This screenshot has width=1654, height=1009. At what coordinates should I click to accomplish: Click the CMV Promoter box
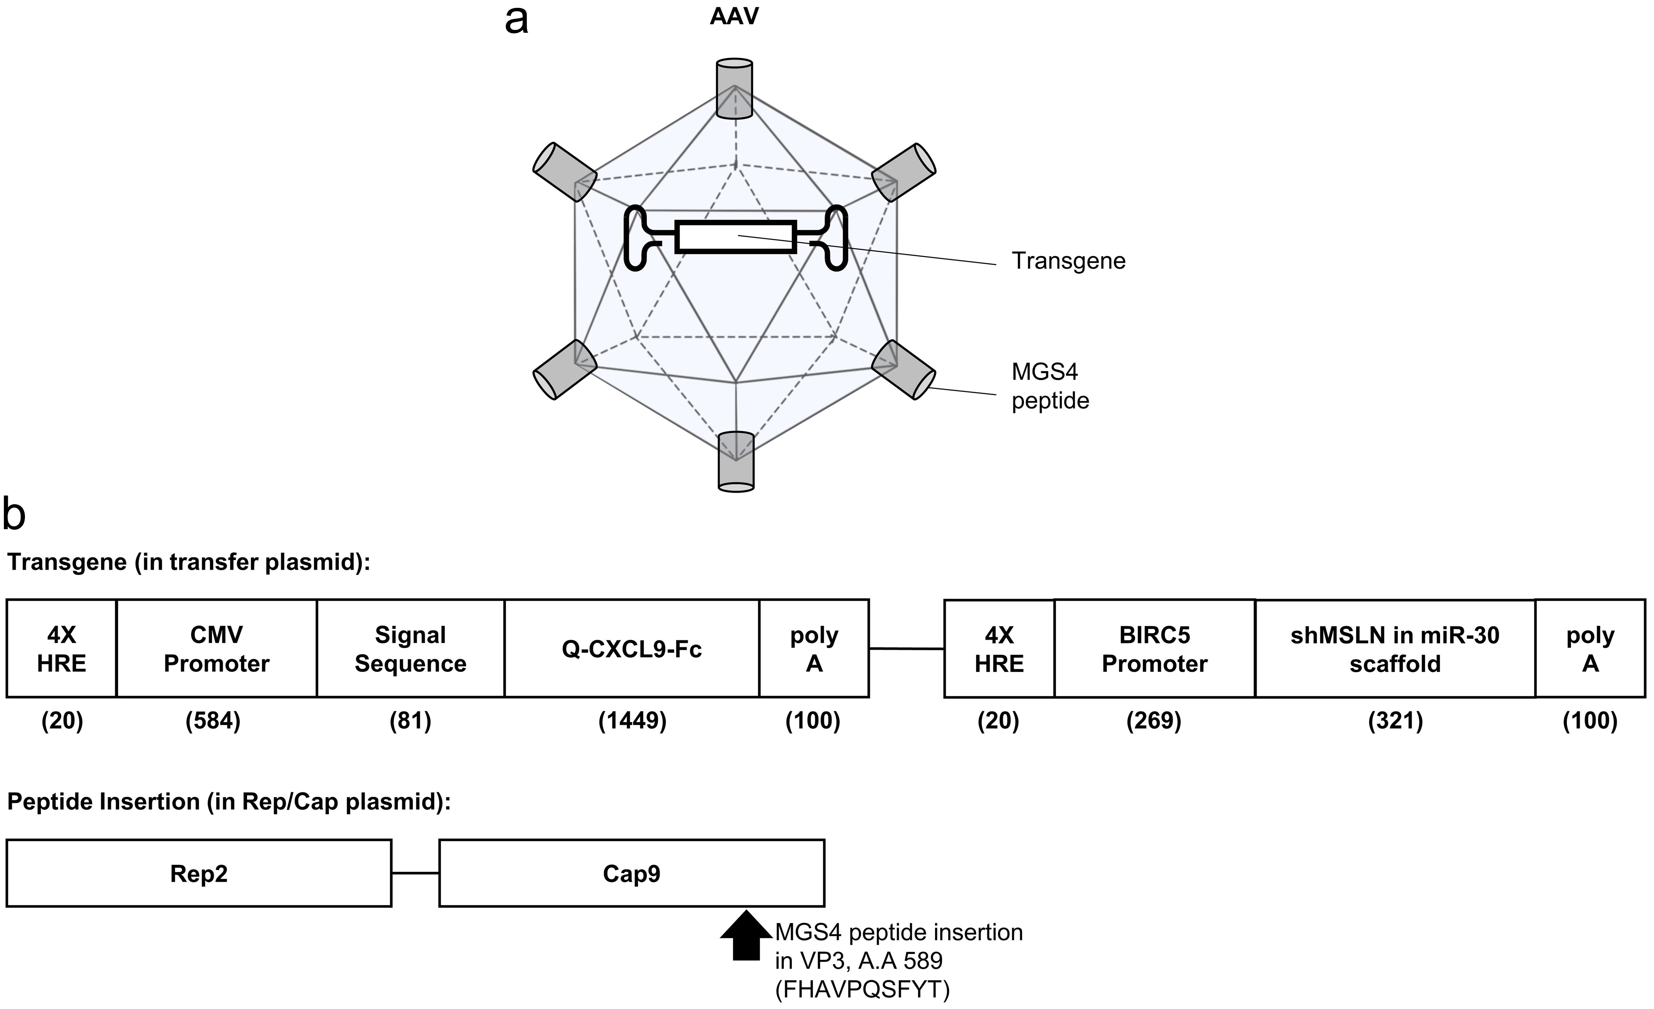coord(216,648)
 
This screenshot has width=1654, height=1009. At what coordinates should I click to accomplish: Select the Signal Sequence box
coord(410,648)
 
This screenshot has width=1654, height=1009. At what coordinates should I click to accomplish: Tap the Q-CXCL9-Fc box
coord(632,648)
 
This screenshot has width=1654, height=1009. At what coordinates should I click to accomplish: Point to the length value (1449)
coord(632,721)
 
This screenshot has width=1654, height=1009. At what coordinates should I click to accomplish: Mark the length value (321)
coord(1395,721)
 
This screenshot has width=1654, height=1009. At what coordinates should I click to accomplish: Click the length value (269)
coord(1153,721)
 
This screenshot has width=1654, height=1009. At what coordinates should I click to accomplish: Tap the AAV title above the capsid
coord(734,16)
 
